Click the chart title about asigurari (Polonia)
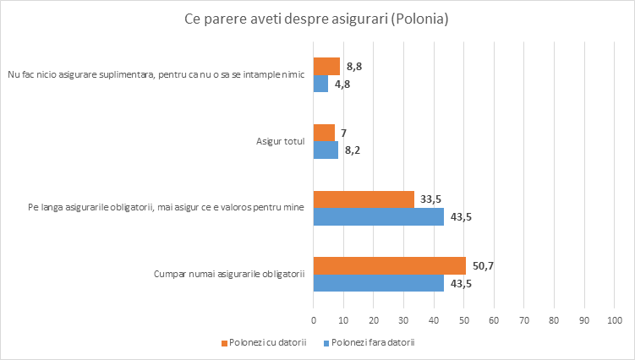point(316,18)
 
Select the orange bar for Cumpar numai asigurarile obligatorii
point(389,265)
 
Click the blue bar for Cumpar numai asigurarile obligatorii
point(378,283)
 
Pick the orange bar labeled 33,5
point(364,199)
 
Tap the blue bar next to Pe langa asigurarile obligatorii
point(378,217)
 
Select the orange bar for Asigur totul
point(324,133)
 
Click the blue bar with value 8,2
point(326,150)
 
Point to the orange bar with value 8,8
point(326,66)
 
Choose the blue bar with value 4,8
point(320,84)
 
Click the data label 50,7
point(484,265)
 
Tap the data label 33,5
point(432,199)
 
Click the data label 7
point(345,133)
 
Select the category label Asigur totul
point(280,141)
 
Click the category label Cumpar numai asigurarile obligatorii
point(228,274)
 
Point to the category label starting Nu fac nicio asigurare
point(156,74)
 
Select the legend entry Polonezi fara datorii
point(373,342)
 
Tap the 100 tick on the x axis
point(614,321)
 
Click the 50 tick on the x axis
point(463,321)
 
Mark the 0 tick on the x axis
point(314,321)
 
